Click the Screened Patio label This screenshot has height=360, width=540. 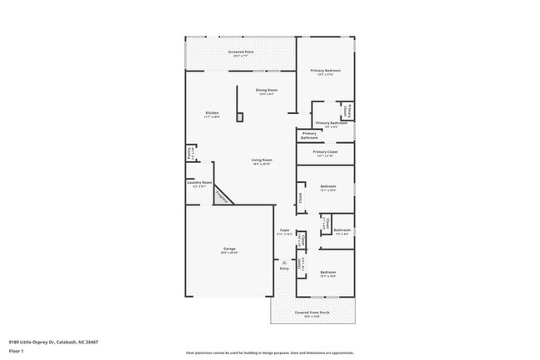pyautogui.click(x=241, y=52)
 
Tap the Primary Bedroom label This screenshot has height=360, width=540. pyautogui.click(x=325, y=70)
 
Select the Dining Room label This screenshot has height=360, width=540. pyautogui.click(x=266, y=89)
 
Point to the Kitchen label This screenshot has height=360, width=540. pyautogui.click(x=212, y=113)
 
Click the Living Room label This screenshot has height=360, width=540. pyautogui.click(x=263, y=160)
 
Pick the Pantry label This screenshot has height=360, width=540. pyautogui.click(x=189, y=153)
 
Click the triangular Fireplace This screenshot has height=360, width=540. pyautogui.click(x=222, y=195)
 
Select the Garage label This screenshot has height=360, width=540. pyautogui.click(x=229, y=249)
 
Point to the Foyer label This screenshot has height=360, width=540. pyautogui.click(x=284, y=230)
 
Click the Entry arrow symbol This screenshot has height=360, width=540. pyautogui.click(x=284, y=263)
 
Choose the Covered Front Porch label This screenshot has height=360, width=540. pyautogui.click(x=312, y=312)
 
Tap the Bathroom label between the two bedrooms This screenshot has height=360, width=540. pyautogui.click(x=342, y=229)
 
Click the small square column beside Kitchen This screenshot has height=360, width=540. pyautogui.click(x=239, y=117)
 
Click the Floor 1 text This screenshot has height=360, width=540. pyautogui.click(x=17, y=352)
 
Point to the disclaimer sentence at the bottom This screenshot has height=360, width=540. pyautogui.click(x=269, y=353)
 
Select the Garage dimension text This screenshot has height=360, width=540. pyautogui.click(x=229, y=253)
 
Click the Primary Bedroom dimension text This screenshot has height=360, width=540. pyautogui.click(x=325, y=74)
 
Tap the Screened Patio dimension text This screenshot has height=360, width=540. pyautogui.click(x=241, y=56)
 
